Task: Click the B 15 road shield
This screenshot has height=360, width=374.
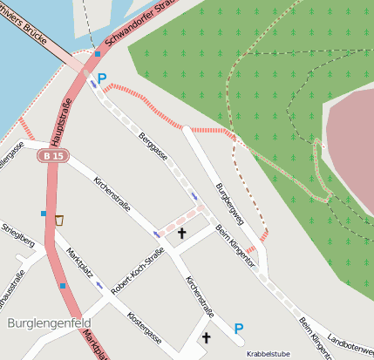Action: (53, 155)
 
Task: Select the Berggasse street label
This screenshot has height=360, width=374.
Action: (154, 146)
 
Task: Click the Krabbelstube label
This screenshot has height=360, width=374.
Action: (267, 355)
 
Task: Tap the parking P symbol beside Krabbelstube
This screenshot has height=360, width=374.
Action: (239, 329)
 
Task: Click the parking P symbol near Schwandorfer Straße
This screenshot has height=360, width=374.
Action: (102, 78)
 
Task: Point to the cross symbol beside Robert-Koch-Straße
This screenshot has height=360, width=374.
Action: (182, 233)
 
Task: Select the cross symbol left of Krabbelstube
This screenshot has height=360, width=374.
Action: (207, 337)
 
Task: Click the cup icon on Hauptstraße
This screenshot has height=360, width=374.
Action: (58, 220)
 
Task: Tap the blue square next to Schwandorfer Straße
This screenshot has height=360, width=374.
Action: (98, 54)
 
